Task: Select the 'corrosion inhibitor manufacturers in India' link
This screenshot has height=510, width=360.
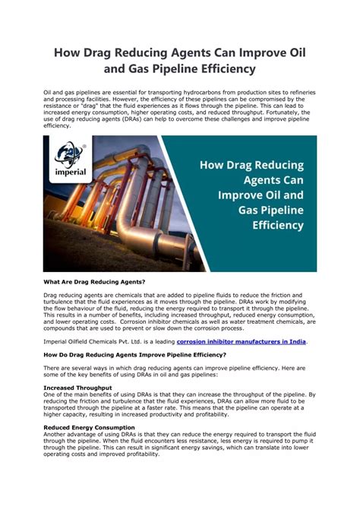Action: click(241, 341)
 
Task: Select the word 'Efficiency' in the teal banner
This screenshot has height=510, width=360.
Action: click(273, 226)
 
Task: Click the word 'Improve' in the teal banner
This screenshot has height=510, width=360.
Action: click(237, 195)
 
